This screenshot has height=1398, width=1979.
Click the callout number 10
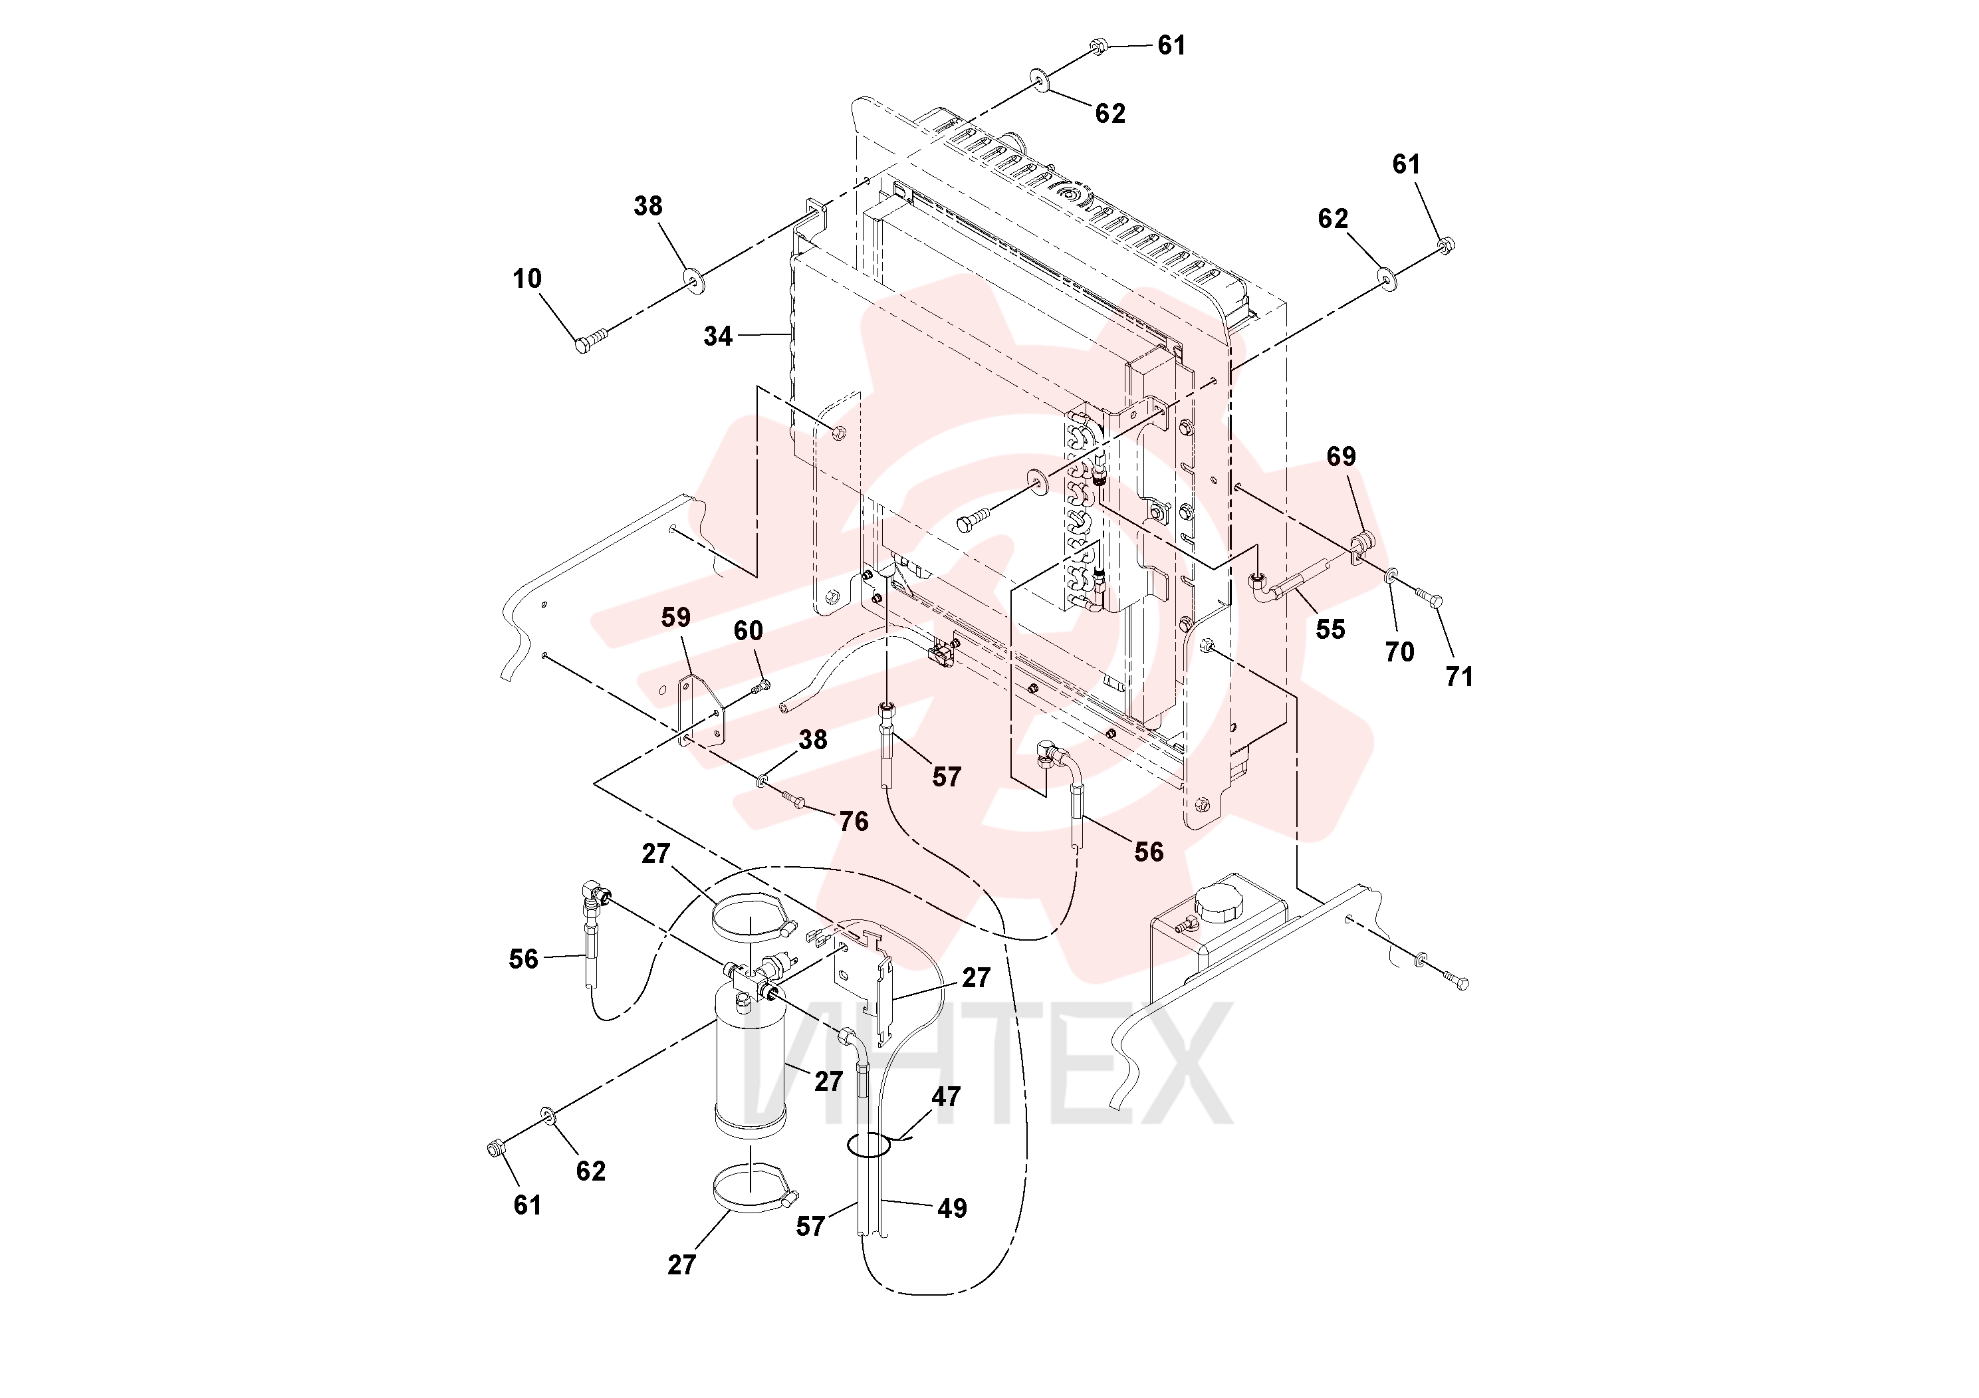click(528, 279)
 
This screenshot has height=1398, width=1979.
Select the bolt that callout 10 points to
click(591, 339)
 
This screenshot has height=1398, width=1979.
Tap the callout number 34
click(718, 336)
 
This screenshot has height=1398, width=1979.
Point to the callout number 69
click(1341, 456)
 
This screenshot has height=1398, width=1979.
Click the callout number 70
click(1400, 652)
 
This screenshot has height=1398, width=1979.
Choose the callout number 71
click(1459, 677)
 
